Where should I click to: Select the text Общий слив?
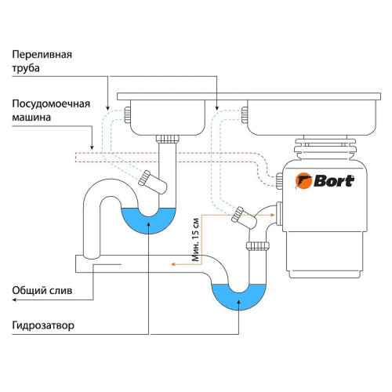coord(42,290)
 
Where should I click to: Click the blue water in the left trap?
coord(148,220)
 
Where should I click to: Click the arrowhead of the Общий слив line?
coord(92,298)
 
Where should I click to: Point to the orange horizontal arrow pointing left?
coord(184,266)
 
